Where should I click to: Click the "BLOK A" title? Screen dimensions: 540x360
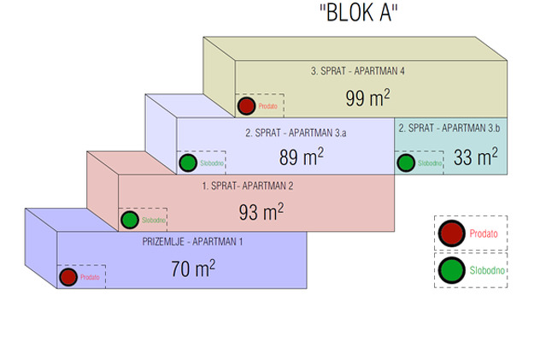[359, 13]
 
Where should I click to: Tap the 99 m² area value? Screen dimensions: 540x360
[367, 97]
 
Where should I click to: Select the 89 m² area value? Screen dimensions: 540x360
[302, 156]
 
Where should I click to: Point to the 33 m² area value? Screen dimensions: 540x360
[476, 156]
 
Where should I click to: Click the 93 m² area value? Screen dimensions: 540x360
[261, 211]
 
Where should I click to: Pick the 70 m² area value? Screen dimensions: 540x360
[193, 269]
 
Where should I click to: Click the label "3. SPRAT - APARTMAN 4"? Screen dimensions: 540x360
[357, 71]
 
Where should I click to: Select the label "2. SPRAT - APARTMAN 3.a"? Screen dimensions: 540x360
[296, 133]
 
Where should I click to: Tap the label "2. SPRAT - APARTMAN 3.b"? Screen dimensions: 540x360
[449, 128]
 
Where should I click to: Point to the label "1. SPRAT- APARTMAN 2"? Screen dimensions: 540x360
[248, 186]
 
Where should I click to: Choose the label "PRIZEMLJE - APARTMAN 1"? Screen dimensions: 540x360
[192, 241]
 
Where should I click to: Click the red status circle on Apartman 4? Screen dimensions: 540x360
[246, 106]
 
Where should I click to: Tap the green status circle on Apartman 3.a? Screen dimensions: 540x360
[188, 163]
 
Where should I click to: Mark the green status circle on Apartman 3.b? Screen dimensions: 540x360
[406, 163]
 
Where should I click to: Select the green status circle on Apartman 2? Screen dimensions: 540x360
[130, 220]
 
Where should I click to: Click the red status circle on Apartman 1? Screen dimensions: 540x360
[68, 277]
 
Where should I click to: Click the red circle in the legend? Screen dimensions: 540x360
[451, 233]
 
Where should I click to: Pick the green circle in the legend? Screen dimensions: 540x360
[451, 270]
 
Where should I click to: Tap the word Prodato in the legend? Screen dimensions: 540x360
[484, 233]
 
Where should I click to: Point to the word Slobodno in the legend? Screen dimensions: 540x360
[487, 270]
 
